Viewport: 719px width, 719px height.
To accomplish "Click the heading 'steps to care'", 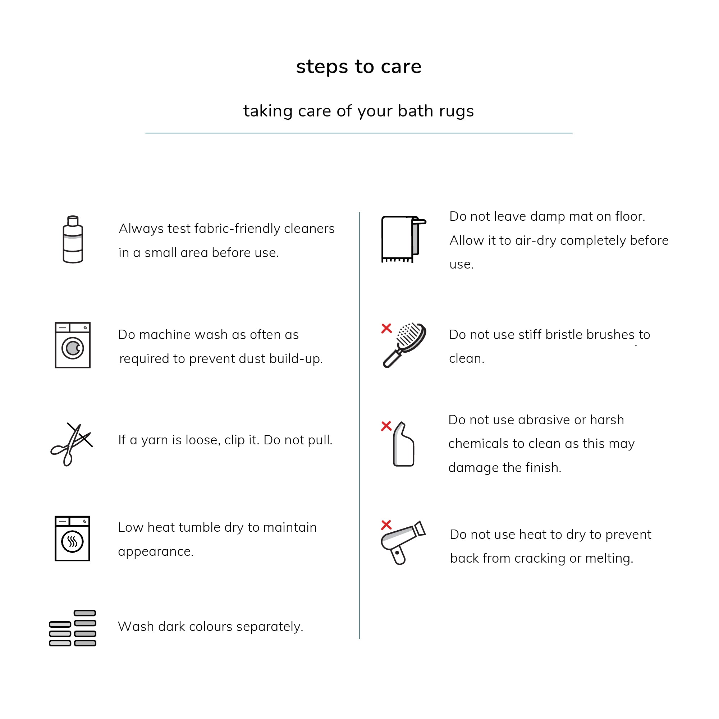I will tap(359, 67).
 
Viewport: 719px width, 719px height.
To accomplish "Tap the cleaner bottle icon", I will tap(73, 239).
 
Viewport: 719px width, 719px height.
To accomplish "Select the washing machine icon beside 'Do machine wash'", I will tap(73, 345).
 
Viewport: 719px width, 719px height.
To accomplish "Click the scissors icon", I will tap(72, 444).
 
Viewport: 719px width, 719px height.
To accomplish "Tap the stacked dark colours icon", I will tap(73, 628).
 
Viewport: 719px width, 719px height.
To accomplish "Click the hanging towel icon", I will tap(403, 239).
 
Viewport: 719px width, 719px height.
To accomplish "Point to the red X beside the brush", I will tap(386, 328).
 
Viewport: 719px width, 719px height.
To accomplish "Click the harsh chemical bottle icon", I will tap(403, 445).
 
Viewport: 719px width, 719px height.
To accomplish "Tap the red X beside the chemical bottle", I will tap(386, 426).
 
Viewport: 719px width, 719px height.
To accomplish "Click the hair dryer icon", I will tap(403, 542).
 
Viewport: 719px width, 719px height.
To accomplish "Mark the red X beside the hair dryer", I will tap(386, 525).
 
